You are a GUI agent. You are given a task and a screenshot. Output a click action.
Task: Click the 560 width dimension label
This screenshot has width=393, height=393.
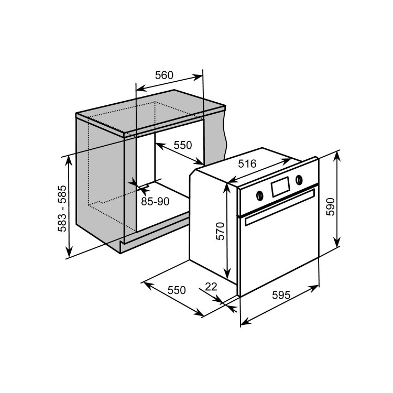[164, 75]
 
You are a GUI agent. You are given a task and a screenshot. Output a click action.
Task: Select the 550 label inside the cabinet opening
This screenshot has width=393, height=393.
[183, 145]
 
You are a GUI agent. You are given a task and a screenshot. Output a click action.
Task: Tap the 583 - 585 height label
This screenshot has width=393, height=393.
[62, 209]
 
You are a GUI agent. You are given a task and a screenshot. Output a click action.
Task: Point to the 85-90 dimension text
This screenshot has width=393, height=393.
[155, 201]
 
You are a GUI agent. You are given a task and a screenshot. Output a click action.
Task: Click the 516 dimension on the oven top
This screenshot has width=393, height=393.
[247, 163]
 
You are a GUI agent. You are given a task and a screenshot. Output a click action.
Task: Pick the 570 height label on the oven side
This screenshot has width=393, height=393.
[220, 231]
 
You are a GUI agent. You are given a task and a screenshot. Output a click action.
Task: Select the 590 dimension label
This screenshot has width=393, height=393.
[330, 206]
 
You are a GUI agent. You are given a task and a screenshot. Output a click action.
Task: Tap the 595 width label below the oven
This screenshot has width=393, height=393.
[281, 295]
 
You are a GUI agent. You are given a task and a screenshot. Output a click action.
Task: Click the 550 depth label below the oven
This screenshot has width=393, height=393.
[177, 290]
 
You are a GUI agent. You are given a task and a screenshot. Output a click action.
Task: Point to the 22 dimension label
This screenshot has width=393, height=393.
[211, 287]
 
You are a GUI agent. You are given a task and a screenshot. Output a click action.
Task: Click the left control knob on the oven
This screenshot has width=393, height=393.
[260, 195]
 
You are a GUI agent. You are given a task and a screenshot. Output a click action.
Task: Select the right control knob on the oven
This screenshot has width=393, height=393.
[299, 179]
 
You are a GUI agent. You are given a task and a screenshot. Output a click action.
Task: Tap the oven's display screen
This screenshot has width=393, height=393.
[280, 187]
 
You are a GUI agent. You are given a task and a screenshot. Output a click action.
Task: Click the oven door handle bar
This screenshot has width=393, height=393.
[280, 208]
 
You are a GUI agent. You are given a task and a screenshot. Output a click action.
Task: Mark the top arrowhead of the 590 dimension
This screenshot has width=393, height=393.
[337, 156]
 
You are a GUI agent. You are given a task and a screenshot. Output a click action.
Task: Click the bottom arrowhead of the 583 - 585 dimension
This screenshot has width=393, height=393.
[69, 252]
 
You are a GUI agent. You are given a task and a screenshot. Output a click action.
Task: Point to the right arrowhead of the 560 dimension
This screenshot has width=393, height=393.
[197, 77]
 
